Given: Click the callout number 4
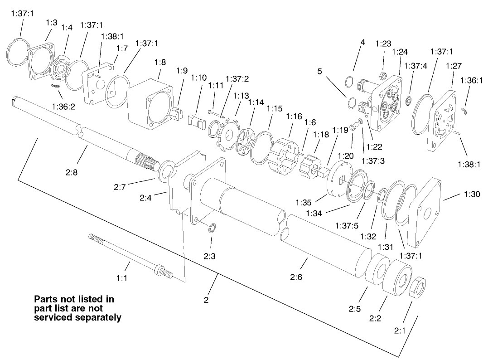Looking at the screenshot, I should coord(362,42).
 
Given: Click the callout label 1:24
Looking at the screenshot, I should coord(400,52).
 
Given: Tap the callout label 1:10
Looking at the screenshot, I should coord(198,78).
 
